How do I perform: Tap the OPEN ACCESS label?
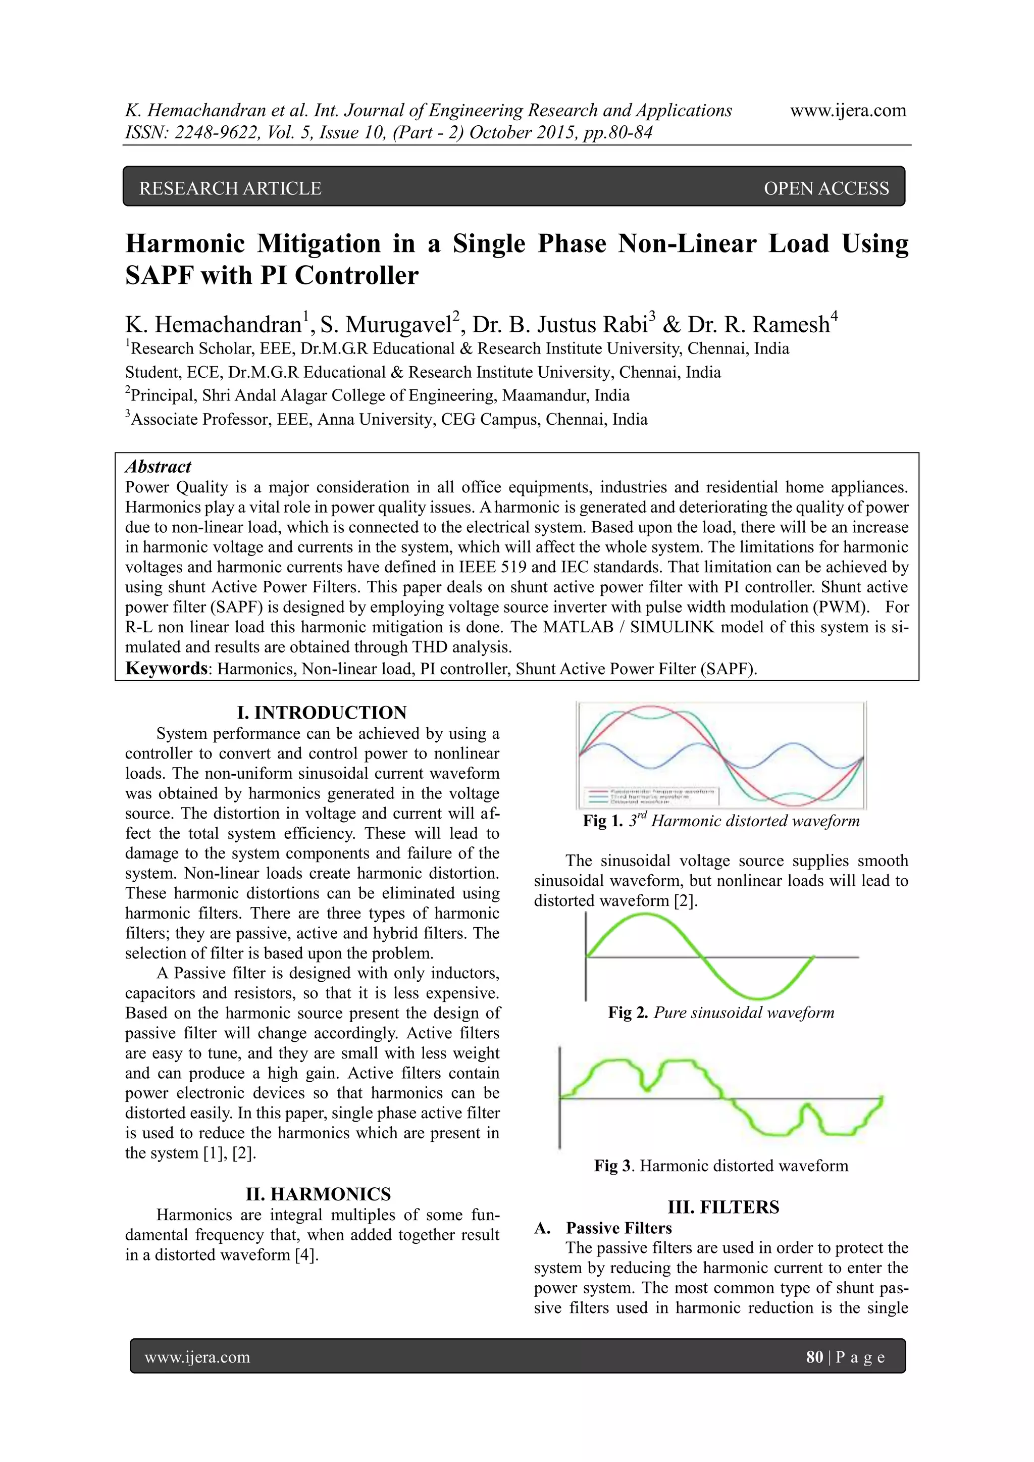coord(826,188)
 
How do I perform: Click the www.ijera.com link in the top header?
coord(848,111)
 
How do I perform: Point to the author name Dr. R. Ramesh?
coord(758,325)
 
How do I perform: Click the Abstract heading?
coord(158,467)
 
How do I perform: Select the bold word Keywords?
coord(167,668)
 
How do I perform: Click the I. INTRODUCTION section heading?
coord(322,713)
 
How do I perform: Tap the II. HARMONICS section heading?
coord(319,1194)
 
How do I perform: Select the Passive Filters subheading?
coord(618,1228)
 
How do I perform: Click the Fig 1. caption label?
coord(602,821)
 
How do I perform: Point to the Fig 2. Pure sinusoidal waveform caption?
coord(721,1013)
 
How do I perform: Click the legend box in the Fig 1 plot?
coord(653,796)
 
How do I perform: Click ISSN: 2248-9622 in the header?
coord(190,132)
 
